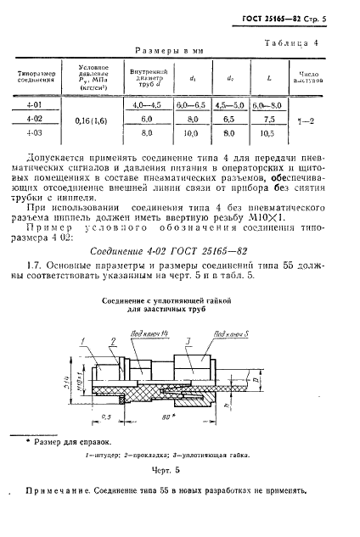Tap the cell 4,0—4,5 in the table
(x=148, y=104)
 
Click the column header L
(x=268, y=79)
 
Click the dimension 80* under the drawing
(x=157, y=394)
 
